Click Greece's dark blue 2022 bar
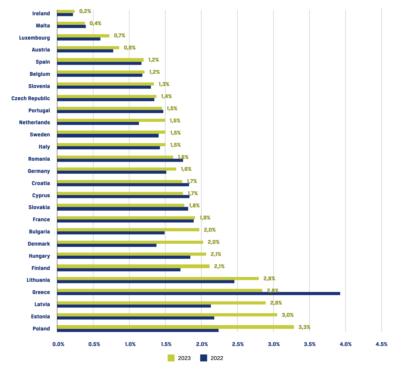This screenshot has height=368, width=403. click(x=198, y=293)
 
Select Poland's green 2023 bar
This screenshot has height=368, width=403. click(x=175, y=327)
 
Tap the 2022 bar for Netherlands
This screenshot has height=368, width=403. click(x=98, y=123)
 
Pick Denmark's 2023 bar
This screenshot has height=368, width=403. click(x=130, y=242)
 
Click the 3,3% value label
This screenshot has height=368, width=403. click(x=304, y=327)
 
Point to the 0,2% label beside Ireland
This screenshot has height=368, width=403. click(x=85, y=11)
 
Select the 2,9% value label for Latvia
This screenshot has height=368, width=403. click(x=276, y=303)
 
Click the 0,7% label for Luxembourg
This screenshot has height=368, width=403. click(x=120, y=35)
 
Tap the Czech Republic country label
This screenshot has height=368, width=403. click(x=31, y=98)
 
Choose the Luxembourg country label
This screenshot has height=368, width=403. click(x=34, y=38)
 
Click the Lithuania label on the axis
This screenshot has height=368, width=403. click(x=38, y=280)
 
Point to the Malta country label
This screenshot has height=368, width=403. click(x=43, y=26)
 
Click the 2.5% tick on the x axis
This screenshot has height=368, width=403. click(x=238, y=344)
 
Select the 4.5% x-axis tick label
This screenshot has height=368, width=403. click(x=382, y=344)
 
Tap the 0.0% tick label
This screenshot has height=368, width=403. click(x=58, y=344)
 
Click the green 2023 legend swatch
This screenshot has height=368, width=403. click(x=171, y=358)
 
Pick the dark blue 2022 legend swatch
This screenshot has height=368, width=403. click(x=204, y=358)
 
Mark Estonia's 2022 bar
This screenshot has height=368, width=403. click(x=135, y=318)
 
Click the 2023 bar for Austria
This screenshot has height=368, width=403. click(x=88, y=48)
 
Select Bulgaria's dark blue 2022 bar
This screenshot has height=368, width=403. click(x=111, y=233)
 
